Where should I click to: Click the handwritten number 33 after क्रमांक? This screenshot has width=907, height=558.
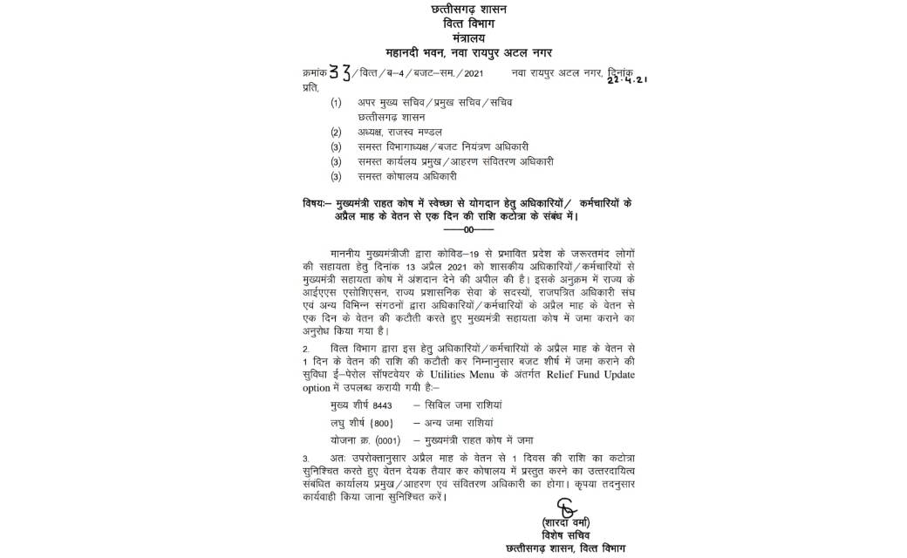point(338,73)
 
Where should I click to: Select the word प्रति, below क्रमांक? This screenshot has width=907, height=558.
point(310,87)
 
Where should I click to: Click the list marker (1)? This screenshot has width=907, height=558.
point(336,102)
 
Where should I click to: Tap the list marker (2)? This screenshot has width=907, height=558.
point(336,132)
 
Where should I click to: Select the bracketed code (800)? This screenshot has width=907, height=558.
point(381,423)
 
